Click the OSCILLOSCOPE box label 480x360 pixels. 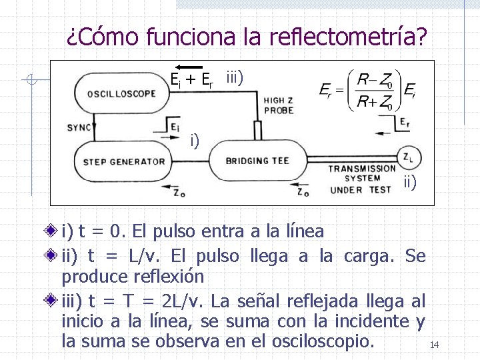tap(121, 93)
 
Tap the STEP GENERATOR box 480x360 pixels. tap(124, 161)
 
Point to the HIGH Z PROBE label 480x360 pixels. tap(277, 105)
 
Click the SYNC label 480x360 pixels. tap(80, 127)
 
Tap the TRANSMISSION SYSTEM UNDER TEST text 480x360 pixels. tap(361, 179)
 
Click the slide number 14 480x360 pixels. tap(434, 345)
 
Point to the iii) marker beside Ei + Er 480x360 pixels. tap(234, 77)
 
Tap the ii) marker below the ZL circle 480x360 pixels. tap(409, 180)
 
